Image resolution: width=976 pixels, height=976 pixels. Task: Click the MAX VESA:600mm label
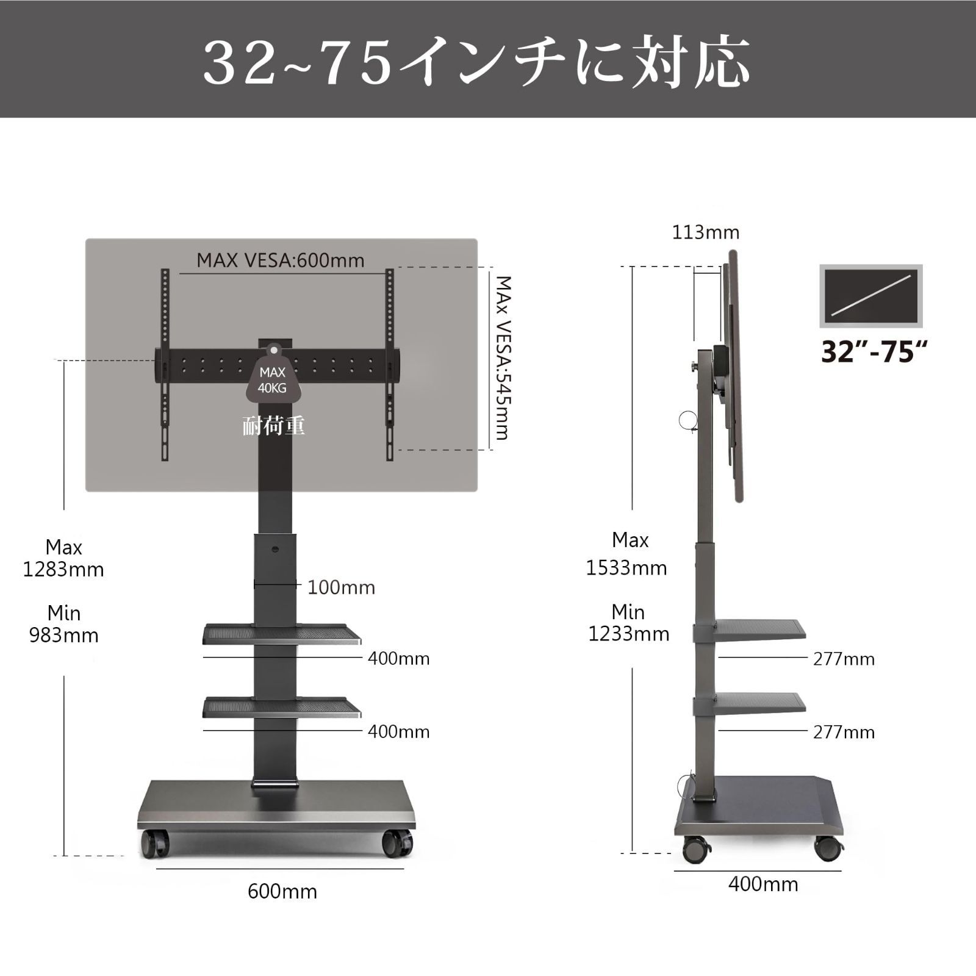pos(280,260)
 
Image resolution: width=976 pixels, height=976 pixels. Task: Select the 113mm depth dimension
pos(705,232)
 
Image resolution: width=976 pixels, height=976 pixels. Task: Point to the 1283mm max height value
pos(63,570)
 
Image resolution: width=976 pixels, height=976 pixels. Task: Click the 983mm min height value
pos(63,636)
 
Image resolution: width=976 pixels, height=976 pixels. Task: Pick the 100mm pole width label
pos(341,587)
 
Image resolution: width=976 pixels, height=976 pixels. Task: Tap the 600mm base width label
pos(282,891)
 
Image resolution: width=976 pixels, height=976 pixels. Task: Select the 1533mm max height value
pos(626,568)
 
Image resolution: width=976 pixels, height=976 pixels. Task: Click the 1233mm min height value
pos(628,634)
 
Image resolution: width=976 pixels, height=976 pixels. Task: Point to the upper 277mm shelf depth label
pos(844,659)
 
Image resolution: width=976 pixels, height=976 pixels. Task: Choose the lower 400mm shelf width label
pos(398,731)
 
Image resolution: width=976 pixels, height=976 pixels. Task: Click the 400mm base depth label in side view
pos(762,884)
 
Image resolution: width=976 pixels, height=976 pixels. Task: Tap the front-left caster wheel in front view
pos(154,844)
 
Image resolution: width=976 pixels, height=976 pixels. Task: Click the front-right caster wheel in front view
pos(397,844)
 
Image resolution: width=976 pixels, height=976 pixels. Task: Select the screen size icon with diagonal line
pos(870,296)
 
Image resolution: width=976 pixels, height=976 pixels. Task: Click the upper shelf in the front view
pos(281,634)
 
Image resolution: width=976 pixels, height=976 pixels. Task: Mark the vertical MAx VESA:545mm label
pos(503,357)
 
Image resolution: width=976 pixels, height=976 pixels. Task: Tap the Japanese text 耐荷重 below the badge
pos(273,425)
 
